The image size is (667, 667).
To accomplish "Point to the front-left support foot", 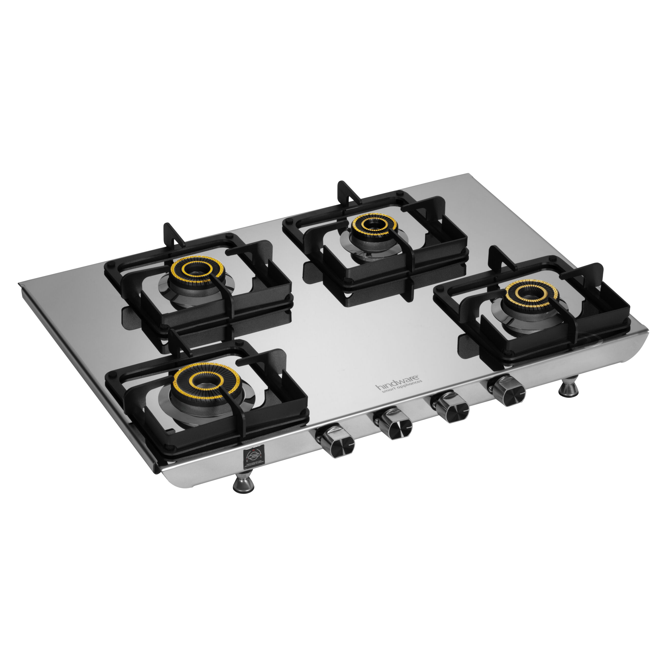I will [x=244, y=484].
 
